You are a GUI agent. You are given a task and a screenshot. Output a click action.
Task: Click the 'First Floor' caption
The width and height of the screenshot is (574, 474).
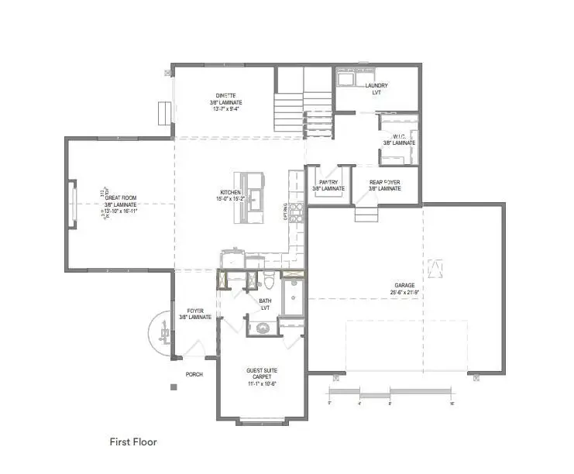(x=133, y=442)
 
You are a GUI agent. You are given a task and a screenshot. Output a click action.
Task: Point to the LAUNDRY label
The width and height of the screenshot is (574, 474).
(x=376, y=85)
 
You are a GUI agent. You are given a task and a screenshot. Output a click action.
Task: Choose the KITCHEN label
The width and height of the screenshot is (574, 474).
(x=231, y=192)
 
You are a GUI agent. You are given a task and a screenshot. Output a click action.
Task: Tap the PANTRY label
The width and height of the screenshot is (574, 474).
(x=328, y=183)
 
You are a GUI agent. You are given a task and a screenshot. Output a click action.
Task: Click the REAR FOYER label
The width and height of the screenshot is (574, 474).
(x=384, y=183)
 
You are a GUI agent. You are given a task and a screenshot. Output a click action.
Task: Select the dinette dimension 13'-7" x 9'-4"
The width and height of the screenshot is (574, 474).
(x=225, y=109)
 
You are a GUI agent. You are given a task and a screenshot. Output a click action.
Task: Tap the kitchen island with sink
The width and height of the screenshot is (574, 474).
(x=253, y=197)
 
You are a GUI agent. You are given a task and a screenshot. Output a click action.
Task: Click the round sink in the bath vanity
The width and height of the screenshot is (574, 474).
(x=262, y=327)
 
